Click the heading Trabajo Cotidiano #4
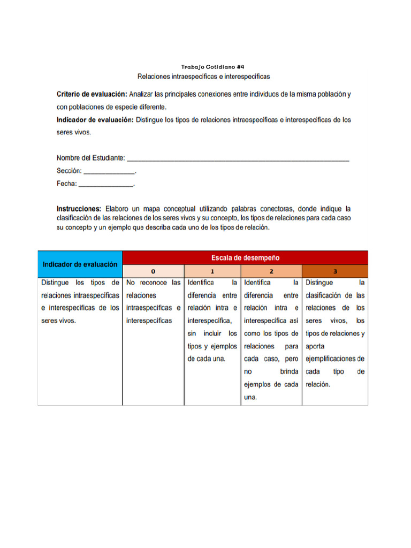coord(205,67)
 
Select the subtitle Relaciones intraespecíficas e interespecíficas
coord(204,77)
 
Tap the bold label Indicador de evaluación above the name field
coord(95,120)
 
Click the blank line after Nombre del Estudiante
coord(238,158)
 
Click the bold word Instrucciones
coord(79,208)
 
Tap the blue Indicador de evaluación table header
coord(80,264)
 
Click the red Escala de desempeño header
coord(245,257)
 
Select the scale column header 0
coord(153,271)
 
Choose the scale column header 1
coord(212,271)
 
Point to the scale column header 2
coord(271,271)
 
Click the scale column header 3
coord(335,271)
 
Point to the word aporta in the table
coord(315,346)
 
